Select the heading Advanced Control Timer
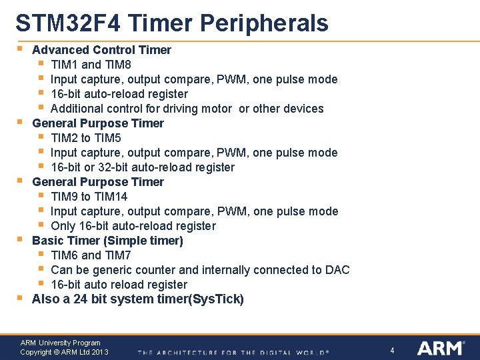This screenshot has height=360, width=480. pyautogui.click(x=101, y=50)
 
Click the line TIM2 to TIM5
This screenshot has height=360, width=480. pyautogui.click(x=86, y=138)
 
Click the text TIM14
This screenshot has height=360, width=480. pyautogui.click(x=112, y=197)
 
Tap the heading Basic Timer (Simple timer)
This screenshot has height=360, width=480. pyautogui.click(x=107, y=241)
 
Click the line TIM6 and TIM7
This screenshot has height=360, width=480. pyautogui.click(x=91, y=255)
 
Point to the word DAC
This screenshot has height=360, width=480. pyautogui.click(x=337, y=270)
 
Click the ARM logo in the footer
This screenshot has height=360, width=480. pyautogui.click(x=441, y=348)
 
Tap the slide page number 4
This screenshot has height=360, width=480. pyautogui.click(x=393, y=350)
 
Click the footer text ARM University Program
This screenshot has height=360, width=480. pyautogui.click(x=60, y=343)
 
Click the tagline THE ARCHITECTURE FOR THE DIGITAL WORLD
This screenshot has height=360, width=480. pyautogui.click(x=233, y=352)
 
